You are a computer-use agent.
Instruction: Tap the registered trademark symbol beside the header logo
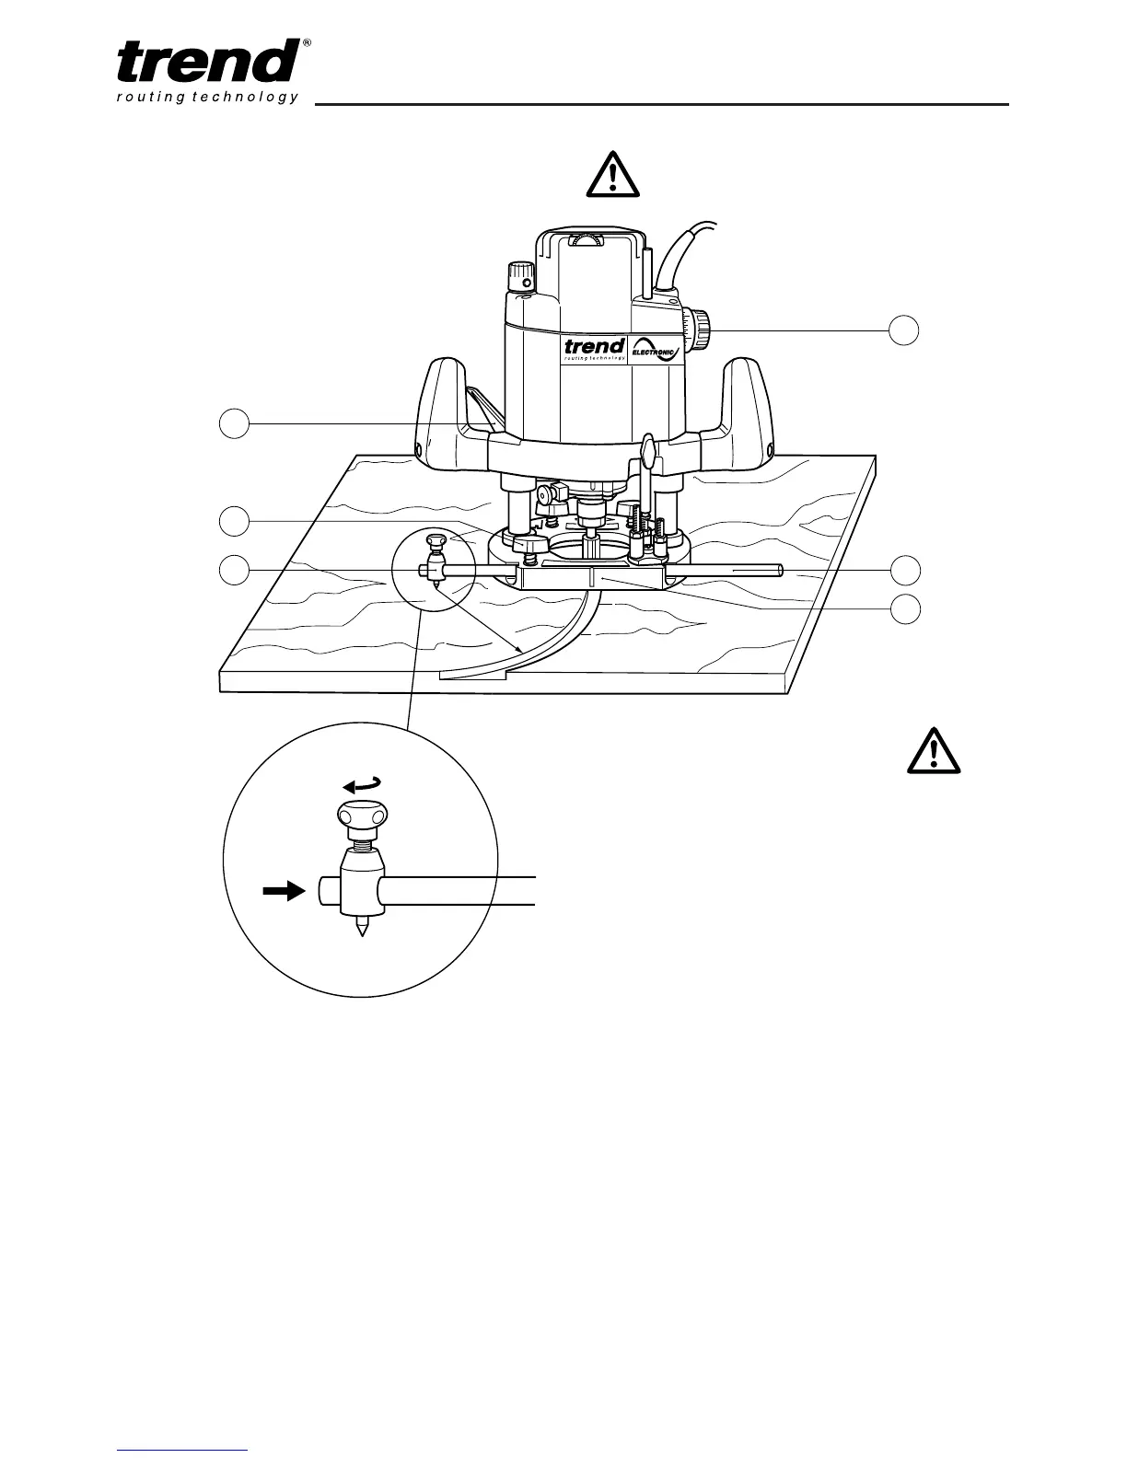[307, 43]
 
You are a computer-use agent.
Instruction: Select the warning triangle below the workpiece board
[934, 750]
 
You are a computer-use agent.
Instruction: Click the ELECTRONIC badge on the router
[657, 350]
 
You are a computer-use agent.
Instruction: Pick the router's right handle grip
[746, 405]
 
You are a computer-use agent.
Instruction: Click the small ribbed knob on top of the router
[521, 274]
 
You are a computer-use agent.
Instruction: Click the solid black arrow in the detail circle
[283, 891]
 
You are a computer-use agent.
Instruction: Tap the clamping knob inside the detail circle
[362, 817]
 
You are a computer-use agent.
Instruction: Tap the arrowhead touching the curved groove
[521, 650]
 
